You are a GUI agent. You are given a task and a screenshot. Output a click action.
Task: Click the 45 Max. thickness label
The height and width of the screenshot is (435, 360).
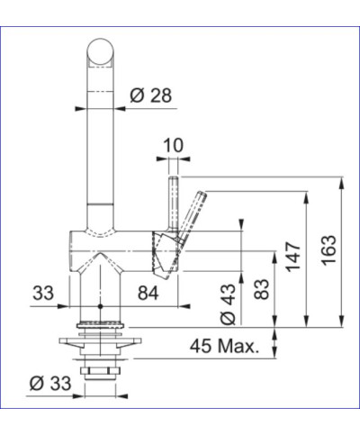coord(226,346)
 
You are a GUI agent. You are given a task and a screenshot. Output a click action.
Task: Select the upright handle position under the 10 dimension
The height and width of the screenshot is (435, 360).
coord(171,203)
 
